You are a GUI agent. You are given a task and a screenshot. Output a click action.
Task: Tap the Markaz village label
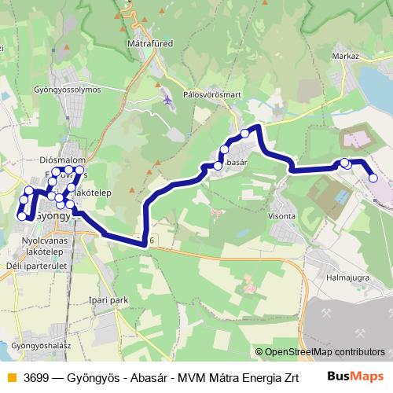click(x=345, y=57)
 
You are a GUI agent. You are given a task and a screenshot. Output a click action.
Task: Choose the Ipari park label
click(x=108, y=299)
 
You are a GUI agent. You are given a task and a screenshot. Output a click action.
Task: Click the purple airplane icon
click(x=167, y=99)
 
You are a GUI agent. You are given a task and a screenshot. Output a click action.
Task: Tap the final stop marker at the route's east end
click(x=373, y=178)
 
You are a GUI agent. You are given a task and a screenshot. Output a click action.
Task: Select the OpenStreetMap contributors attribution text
click(x=324, y=352)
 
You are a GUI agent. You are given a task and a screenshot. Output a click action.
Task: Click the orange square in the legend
click(x=10, y=376)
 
